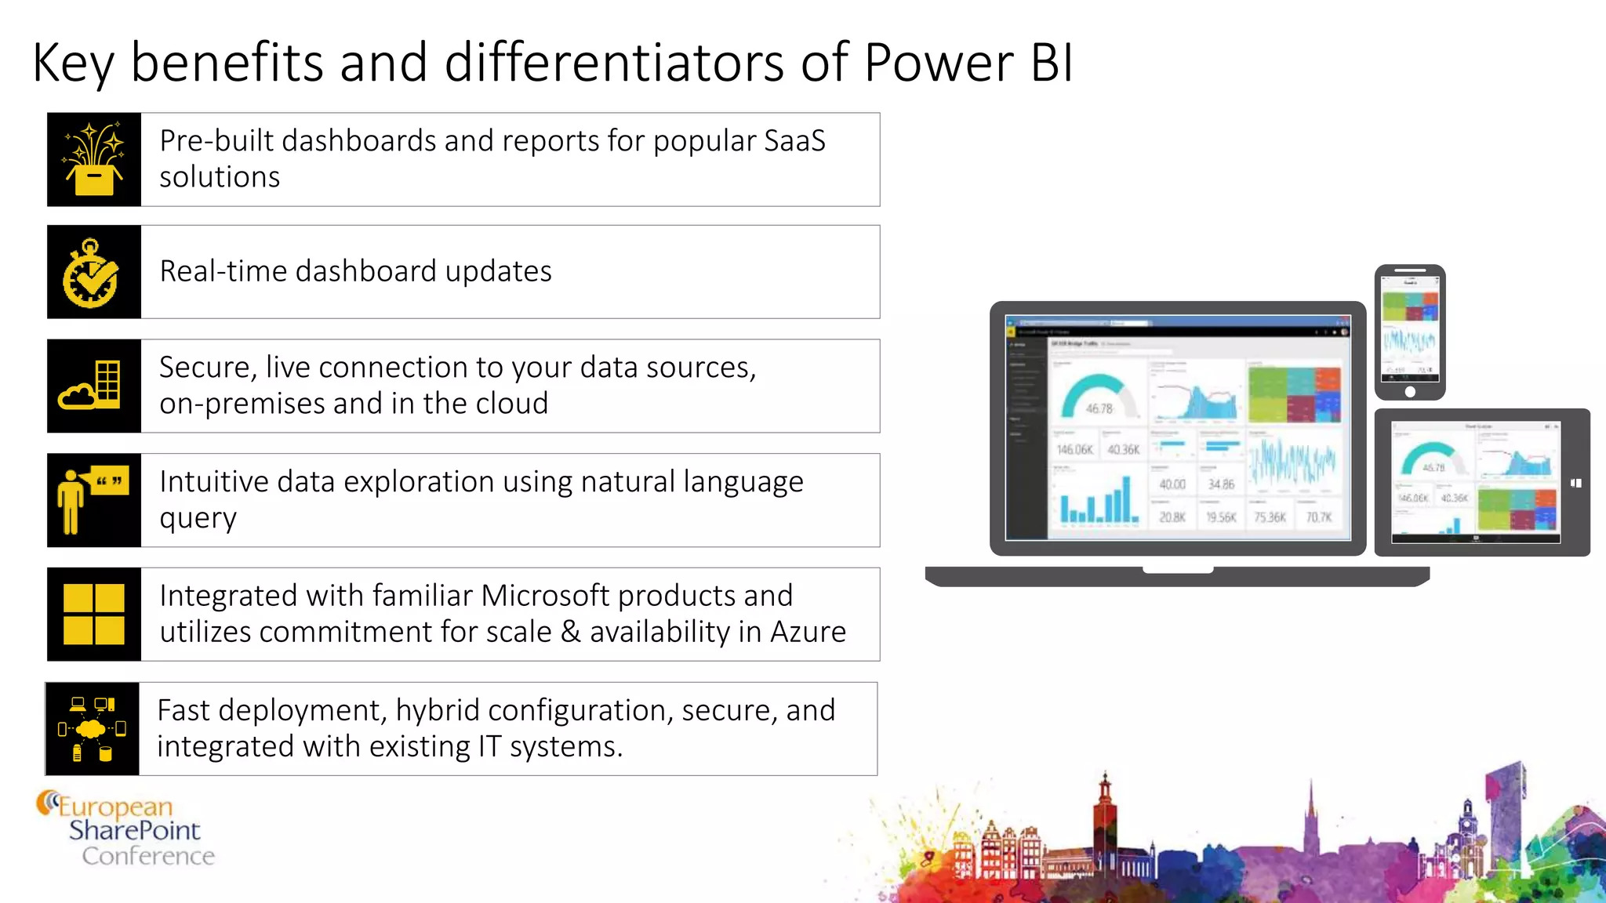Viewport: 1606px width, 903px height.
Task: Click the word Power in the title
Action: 938,63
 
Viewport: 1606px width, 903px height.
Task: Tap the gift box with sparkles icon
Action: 94,160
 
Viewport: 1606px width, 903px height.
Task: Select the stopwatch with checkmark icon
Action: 92,273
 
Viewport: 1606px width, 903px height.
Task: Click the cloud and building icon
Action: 93,386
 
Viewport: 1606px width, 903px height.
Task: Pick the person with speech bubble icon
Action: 92,500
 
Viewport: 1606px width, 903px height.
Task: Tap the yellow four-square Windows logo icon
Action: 94,615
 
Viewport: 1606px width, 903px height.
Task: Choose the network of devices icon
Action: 92,729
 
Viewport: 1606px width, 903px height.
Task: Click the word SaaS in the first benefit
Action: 794,141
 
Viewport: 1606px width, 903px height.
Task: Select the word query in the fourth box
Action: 198,519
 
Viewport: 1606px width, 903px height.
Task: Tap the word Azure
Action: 808,632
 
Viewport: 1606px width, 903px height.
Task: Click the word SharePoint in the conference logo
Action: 135,830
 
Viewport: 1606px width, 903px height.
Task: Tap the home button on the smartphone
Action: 1409,392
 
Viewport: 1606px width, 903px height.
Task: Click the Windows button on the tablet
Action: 1576,484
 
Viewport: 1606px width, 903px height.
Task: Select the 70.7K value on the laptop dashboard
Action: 1318,517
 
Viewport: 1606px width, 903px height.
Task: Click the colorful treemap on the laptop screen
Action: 1294,394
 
